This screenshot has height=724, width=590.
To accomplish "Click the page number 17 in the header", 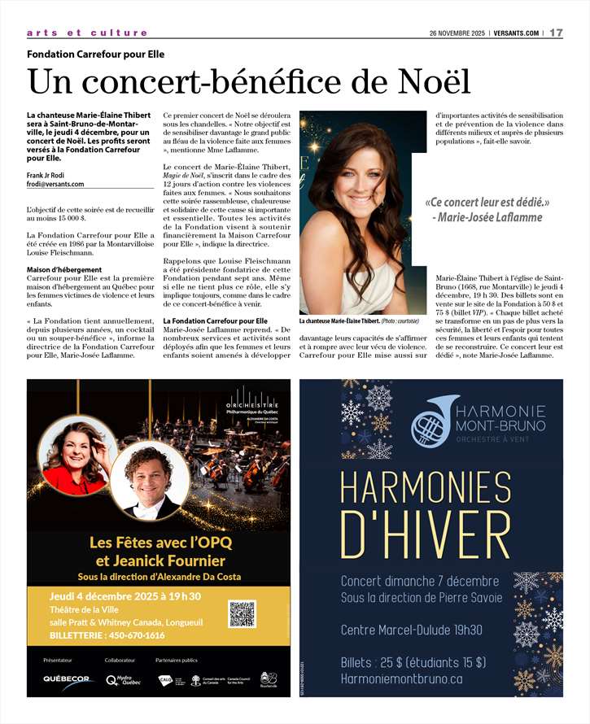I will click(x=557, y=33).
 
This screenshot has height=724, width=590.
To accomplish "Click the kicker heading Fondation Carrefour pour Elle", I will click(x=96, y=55).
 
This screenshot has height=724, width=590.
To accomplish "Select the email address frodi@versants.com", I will click(x=58, y=184).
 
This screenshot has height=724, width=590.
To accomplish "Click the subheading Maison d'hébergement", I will click(x=64, y=269).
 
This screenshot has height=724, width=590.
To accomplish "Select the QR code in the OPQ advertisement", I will click(x=242, y=613).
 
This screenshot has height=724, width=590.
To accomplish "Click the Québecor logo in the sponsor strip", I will click(x=67, y=678).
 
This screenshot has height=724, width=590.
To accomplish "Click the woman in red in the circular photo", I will click(x=78, y=460).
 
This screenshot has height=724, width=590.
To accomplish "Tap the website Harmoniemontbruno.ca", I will click(x=402, y=678).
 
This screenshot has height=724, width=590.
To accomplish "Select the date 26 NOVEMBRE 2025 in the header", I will click(x=457, y=33).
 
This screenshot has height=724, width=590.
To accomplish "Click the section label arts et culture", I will click(x=87, y=33).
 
